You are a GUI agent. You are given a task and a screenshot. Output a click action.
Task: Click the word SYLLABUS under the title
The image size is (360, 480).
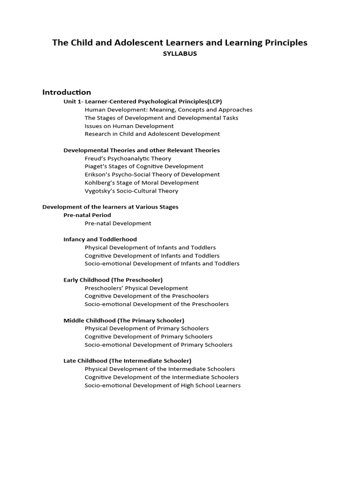click(180, 54)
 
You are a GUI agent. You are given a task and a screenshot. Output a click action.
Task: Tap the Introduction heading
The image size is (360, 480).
click(67, 92)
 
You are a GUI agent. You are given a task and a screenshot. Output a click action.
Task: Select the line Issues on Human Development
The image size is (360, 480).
click(129, 126)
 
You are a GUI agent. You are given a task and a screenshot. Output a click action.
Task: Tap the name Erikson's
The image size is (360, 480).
click(97, 174)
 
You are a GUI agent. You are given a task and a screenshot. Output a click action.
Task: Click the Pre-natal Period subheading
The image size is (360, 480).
click(87, 215)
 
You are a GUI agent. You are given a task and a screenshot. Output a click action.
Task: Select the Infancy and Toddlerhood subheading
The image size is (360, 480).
click(100, 239)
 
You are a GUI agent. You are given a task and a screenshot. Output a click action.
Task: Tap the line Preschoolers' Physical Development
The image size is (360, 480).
click(136, 288)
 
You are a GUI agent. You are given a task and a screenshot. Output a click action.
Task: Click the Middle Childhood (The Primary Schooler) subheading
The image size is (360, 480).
click(124, 320)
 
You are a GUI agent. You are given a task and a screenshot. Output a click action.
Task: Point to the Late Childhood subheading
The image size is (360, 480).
click(127, 360)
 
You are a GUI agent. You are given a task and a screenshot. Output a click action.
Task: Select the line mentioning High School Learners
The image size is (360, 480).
click(163, 385)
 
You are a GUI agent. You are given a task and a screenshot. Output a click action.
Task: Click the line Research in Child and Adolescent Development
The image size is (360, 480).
click(152, 134)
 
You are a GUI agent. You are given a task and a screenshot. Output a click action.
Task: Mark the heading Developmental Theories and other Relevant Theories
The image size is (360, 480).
click(142, 150)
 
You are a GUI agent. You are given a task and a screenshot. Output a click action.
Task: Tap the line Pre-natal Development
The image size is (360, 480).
click(118, 223)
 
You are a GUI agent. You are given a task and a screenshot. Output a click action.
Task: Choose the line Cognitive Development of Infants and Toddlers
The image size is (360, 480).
click(152, 255)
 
